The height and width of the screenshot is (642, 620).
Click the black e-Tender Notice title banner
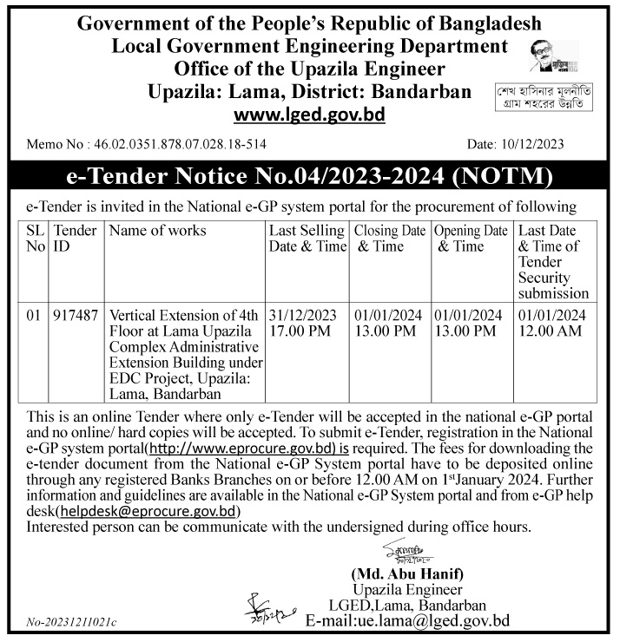(x=309, y=178)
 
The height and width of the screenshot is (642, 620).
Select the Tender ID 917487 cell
(x=75, y=315)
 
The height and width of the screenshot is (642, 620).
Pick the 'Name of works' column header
(x=158, y=231)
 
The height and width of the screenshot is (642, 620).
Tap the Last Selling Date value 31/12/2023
(x=302, y=315)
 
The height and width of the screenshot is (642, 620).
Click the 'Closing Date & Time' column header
(x=389, y=239)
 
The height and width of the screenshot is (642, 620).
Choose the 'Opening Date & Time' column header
(x=470, y=239)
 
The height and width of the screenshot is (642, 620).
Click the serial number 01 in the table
(x=33, y=315)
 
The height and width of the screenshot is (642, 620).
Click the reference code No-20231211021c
(x=71, y=623)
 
